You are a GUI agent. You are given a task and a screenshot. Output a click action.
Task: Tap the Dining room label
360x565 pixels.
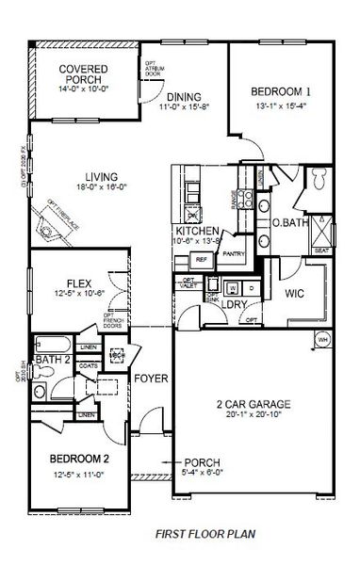pyautogui.click(x=183, y=96)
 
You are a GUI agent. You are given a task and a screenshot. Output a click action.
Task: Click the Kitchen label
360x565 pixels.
pyautogui.click(x=197, y=231)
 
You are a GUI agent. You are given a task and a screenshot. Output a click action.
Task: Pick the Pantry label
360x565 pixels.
pyautogui.click(x=235, y=252)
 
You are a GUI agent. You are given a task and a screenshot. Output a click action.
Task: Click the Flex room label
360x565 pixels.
pyautogui.click(x=78, y=282)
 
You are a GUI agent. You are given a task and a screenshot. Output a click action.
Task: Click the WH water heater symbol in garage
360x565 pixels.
pyautogui.click(x=322, y=340)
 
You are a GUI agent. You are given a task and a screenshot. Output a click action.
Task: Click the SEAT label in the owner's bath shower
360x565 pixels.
pyautogui.click(x=323, y=250)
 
